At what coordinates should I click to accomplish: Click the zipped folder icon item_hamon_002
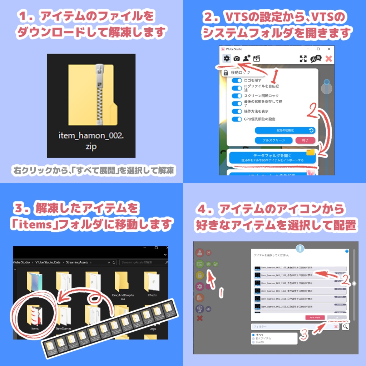(91, 95)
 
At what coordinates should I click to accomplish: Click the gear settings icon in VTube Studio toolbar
(226, 59)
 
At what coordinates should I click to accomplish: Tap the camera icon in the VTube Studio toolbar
(236, 59)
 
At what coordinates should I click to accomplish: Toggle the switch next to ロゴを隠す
(237, 80)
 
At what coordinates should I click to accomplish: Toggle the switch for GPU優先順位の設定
(237, 119)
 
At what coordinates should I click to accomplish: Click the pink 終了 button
(305, 140)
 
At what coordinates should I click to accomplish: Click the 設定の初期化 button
(285, 130)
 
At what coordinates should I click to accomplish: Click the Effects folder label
(152, 295)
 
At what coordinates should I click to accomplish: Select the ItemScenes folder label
(64, 328)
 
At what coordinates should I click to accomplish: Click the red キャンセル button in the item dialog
(315, 317)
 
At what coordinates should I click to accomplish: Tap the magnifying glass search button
(345, 326)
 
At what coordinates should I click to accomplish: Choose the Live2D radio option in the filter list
(254, 342)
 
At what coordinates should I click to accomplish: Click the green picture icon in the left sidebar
(200, 264)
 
